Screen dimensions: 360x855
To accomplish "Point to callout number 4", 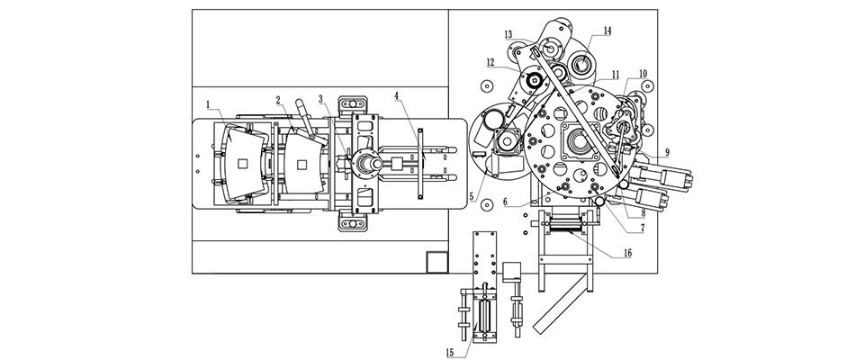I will coord(397,94).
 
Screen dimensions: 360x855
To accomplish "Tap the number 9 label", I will coord(667,151).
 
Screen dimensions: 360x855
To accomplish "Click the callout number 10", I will coord(643,73).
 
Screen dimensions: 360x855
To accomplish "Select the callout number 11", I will coord(614,73).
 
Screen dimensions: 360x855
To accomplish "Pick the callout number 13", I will coord(508,34).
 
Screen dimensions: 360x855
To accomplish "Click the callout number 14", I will coord(607,30).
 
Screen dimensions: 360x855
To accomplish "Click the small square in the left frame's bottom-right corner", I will coord(437,261).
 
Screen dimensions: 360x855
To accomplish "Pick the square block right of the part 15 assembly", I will coord(515,274).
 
